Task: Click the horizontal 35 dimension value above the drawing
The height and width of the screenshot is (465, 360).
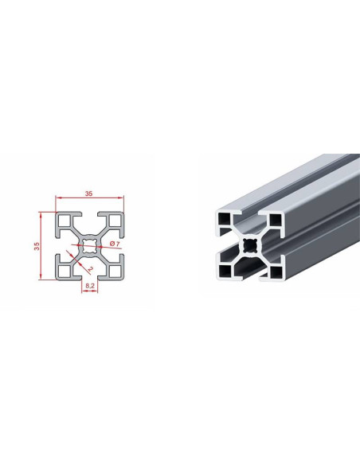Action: pos(89,193)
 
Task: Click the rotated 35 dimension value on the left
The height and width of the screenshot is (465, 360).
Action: pos(37,246)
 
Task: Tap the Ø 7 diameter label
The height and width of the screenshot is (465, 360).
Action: pos(115,244)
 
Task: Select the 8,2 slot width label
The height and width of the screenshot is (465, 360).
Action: pos(90,286)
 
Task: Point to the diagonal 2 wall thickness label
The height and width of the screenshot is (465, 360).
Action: pos(91,268)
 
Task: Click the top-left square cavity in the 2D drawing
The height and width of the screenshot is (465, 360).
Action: pos(65,221)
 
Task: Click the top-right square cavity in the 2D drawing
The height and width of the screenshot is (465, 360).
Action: pos(115,221)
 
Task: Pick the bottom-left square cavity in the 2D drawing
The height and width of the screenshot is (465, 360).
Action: pos(65,271)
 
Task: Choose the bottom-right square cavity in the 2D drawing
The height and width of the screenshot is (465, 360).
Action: pos(115,271)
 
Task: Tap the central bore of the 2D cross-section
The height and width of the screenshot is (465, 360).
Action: pos(90,246)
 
